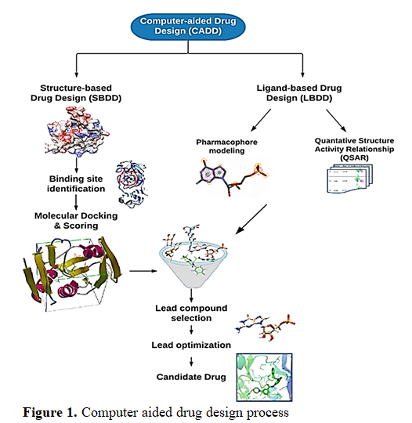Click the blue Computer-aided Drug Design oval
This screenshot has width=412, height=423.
(188, 27)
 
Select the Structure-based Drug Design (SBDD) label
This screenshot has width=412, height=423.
(76, 92)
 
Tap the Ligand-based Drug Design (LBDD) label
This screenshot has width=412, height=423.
(299, 92)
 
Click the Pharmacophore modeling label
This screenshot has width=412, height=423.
(226, 146)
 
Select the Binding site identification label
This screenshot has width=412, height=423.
(76, 184)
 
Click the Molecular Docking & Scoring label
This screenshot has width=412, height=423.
(76, 221)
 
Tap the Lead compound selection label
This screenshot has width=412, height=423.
(191, 313)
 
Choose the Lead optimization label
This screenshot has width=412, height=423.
(191, 345)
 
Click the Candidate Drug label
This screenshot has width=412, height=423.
(191, 377)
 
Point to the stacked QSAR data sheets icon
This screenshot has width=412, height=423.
(350, 179)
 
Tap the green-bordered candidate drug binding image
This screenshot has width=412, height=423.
(265, 378)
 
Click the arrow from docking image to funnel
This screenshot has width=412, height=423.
(143, 271)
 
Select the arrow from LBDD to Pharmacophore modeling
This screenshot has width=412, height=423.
(261, 121)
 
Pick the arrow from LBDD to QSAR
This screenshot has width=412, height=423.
(336, 121)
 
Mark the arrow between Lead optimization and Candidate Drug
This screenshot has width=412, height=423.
(191, 362)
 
